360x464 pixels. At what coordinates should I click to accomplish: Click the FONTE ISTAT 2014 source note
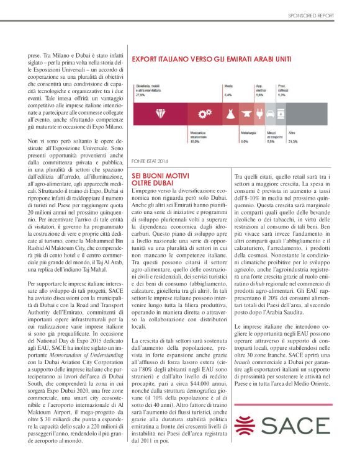[x=150, y=161]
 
